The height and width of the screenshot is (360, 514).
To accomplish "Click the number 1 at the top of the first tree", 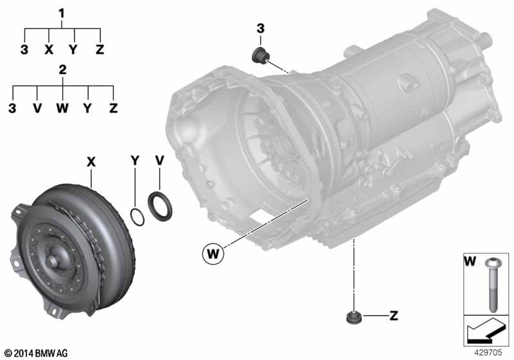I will click(62, 12).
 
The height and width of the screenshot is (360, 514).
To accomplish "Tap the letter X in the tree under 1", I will click(49, 50).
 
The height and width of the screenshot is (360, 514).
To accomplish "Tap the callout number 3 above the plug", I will click(260, 28).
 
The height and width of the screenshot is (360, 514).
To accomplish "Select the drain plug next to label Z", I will click(353, 318).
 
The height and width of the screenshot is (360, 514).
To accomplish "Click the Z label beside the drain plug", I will click(393, 316).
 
